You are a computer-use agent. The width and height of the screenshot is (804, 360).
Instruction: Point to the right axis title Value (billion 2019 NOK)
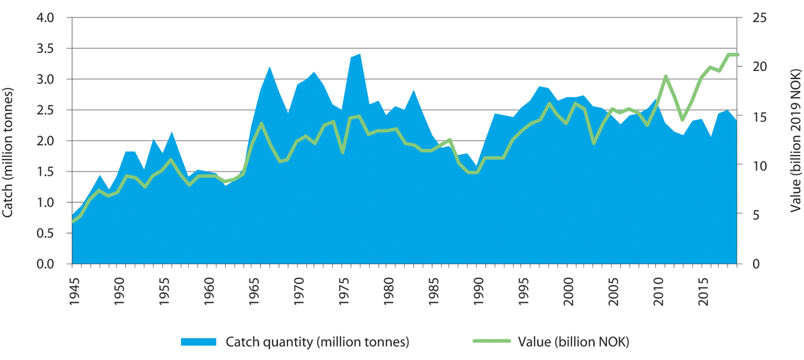tap(795, 141)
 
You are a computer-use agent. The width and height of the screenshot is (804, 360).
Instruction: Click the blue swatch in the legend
tap(198, 342)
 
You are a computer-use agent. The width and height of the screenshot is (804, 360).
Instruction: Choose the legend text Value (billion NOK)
tap(572, 342)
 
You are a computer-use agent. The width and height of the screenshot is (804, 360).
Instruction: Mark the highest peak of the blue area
tap(360, 54)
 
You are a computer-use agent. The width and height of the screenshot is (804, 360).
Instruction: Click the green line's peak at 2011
tap(666, 76)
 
